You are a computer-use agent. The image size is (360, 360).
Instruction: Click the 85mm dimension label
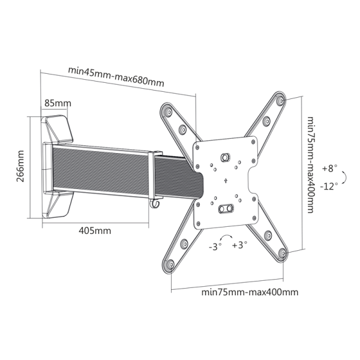pyautogui.click(x=58, y=103)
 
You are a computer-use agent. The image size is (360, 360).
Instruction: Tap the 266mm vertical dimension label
pyautogui.click(x=20, y=166)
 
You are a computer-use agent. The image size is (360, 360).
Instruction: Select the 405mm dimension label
pyautogui.click(x=95, y=230)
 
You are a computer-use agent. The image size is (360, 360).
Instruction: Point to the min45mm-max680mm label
pyautogui.click(x=116, y=77)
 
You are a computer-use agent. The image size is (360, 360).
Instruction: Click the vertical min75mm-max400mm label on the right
pyautogui.click(x=310, y=165)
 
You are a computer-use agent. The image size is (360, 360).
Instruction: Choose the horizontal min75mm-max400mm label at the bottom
pyautogui.click(x=250, y=292)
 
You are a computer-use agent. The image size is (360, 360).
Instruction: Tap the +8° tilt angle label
pyautogui.click(x=330, y=168)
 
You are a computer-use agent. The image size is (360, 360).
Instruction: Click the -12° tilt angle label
pyautogui.click(x=329, y=186)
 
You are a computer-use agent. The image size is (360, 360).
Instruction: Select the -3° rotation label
pyautogui.click(x=215, y=247)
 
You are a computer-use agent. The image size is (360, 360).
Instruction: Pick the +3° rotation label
pyautogui.click(x=239, y=245)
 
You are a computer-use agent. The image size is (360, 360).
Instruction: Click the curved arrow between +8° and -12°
pyautogui.click(x=344, y=178)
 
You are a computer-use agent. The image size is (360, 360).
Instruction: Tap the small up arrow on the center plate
pyautogui.click(x=226, y=181)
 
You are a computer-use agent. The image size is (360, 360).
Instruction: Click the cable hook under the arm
pyautogui.click(x=155, y=203)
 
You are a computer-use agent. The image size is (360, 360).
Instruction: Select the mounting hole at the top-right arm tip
pyautogui.click(x=281, y=101)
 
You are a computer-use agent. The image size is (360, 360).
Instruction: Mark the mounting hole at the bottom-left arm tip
pyautogui.click(x=170, y=265)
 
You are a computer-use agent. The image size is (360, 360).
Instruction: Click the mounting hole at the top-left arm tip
pyautogui.click(x=168, y=112)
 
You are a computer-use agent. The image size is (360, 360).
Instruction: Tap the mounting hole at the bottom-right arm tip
pyautogui.click(x=281, y=253)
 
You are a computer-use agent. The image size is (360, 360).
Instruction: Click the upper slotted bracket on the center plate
pyautogui.click(x=225, y=157)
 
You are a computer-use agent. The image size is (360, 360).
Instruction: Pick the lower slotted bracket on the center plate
pyautogui.click(x=226, y=209)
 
